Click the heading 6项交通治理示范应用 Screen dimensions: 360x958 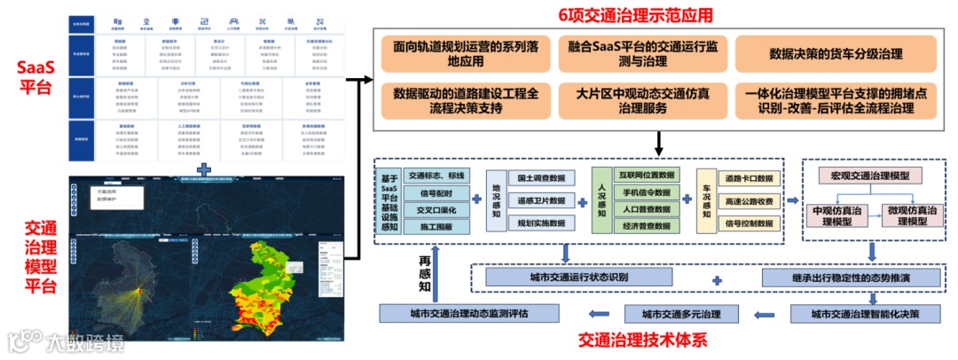[635, 15]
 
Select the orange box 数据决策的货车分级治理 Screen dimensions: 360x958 [836, 54]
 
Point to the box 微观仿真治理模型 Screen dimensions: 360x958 [913, 215]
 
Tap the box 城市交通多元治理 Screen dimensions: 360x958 [680, 313]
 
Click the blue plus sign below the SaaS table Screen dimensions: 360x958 [204, 167]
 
